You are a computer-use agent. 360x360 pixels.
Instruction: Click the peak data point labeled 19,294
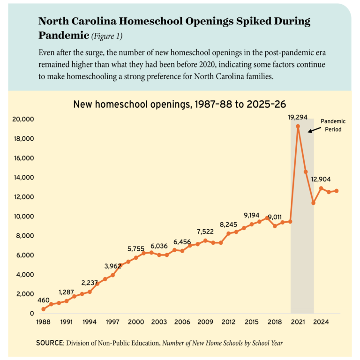click(298, 126)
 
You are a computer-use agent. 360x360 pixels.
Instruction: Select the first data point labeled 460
click(44, 309)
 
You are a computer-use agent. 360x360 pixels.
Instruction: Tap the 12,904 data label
click(321, 180)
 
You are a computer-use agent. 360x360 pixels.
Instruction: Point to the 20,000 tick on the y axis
click(23, 119)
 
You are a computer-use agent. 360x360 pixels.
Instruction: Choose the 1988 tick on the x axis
click(43, 322)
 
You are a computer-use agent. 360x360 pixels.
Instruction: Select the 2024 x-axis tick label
click(321, 322)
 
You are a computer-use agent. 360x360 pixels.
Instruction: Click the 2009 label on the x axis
click(205, 322)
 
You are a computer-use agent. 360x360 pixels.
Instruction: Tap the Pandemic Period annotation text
click(333, 125)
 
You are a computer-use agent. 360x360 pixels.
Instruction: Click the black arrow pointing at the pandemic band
click(315, 130)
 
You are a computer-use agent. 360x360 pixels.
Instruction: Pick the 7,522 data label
click(205, 232)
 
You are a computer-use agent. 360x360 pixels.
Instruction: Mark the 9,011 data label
click(275, 217)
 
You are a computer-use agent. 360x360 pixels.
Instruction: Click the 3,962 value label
click(112, 266)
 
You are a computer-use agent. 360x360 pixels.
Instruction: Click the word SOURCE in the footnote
click(50, 343)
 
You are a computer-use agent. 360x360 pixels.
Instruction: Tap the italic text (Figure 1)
click(107, 36)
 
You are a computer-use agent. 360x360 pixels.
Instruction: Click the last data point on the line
click(337, 191)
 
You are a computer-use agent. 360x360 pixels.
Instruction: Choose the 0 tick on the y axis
click(32, 314)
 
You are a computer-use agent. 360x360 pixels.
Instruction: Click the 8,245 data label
click(228, 225)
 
